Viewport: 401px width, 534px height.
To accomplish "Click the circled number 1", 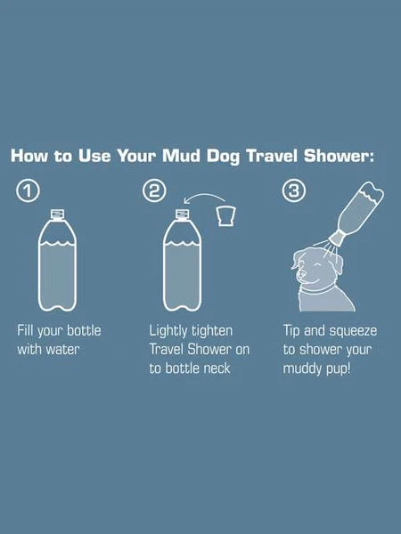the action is tap(28, 190).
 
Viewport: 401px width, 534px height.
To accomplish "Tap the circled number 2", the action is tap(154, 190).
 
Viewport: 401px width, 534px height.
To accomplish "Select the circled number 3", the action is tap(293, 190).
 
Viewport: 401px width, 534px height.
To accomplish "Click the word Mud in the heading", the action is tap(181, 156).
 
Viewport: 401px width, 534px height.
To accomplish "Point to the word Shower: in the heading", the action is tap(339, 156).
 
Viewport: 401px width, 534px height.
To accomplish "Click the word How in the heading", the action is tap(29, 156).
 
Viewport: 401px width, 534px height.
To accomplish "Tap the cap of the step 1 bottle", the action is tap(57, 214).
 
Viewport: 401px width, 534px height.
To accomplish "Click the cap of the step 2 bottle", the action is tap(182, 214).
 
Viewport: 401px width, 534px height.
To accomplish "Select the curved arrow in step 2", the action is tap(204, 195).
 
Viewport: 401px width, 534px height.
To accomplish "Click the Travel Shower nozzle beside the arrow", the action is tap(226, 215).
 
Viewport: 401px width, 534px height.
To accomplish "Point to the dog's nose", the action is tap(300, 273).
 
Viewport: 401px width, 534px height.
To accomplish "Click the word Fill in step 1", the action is tap(25, 330).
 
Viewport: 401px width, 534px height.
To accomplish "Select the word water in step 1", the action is tap(62, 350).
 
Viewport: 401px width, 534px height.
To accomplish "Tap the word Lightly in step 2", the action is tap(168, 331).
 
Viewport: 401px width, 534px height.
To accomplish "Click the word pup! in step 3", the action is tap(339, 369).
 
